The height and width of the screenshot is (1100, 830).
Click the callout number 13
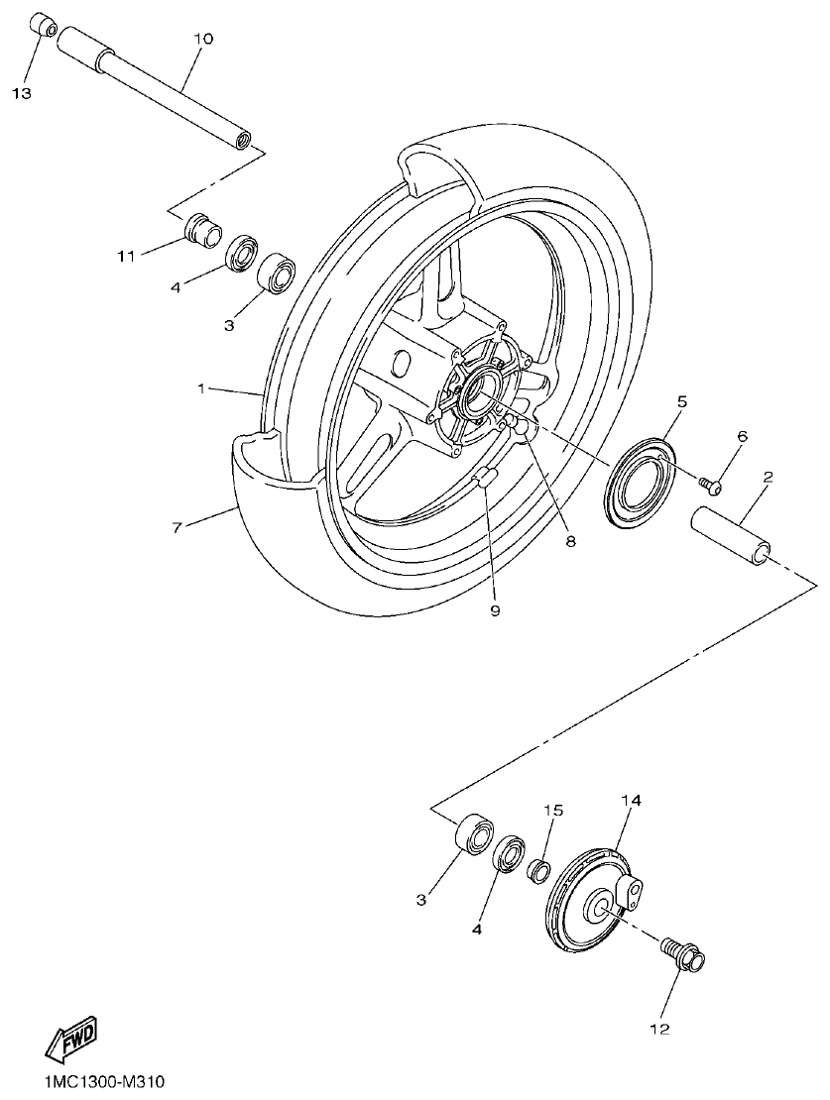22,93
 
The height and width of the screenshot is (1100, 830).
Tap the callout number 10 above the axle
203,39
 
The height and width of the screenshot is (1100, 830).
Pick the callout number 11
126,257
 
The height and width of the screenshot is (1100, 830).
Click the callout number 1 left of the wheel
201,389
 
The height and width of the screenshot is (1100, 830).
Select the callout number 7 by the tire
177,527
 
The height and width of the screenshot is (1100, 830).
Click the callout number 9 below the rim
494,610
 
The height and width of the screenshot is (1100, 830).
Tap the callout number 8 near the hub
571,541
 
